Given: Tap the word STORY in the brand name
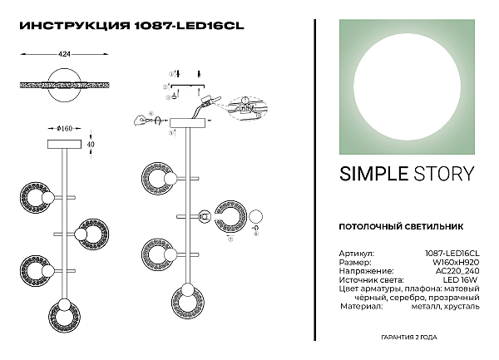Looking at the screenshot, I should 444,174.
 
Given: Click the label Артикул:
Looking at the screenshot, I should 357,252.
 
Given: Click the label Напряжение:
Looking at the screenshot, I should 363,270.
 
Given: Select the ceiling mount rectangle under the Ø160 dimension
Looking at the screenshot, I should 65,144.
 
